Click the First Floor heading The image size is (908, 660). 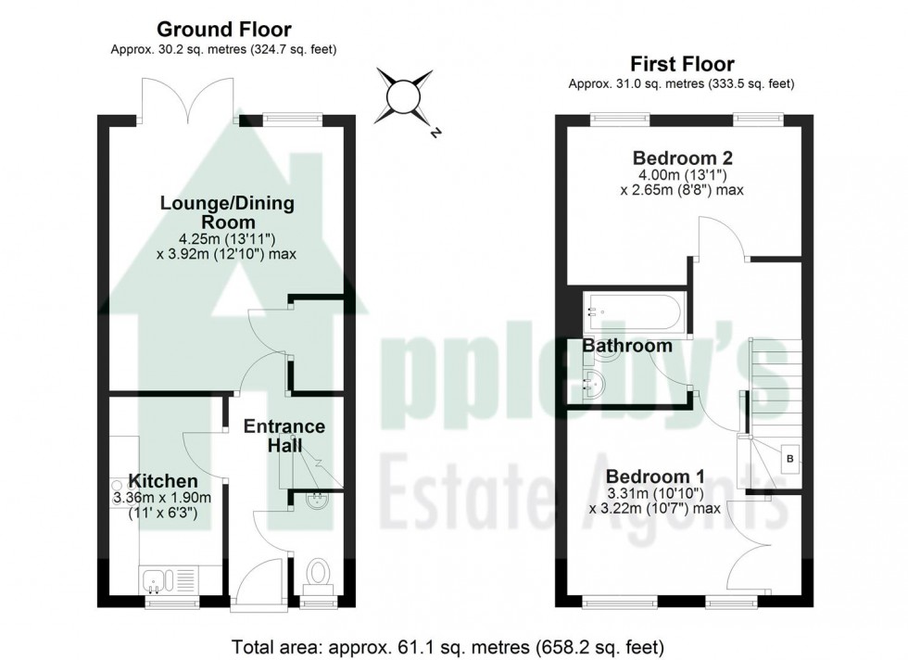682,64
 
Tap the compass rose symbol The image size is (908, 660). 405,95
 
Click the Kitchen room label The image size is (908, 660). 162,481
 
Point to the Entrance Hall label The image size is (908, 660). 284,436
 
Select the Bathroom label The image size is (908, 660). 626,346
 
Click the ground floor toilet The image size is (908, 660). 316,571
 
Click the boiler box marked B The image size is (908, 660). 789,458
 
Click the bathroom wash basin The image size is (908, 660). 593,380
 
